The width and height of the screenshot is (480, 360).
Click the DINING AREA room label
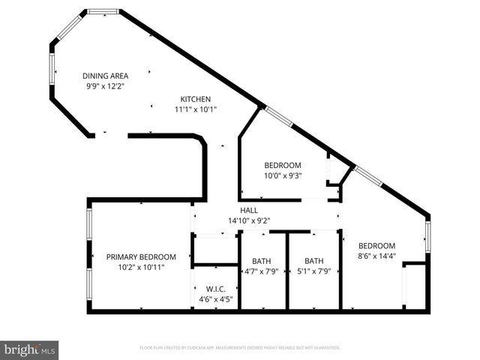tap(105, 76)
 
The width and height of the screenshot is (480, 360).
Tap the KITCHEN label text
tap(195, 99)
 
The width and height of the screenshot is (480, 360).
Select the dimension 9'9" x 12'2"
tap(105, 85)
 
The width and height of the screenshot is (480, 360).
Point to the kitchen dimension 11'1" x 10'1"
tap(195, 109)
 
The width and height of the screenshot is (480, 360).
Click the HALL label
tap(249, 211)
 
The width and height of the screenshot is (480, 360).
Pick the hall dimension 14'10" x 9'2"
tap(249, 220)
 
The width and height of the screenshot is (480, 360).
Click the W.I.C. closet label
tap(216, 289)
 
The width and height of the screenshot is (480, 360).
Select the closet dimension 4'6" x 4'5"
tap(216, 298)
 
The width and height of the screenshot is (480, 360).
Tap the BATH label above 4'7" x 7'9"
tap(262, 261)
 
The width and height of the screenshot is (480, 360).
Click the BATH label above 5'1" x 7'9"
tap(314, 261)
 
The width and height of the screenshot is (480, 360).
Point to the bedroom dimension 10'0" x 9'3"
tap(283, 175)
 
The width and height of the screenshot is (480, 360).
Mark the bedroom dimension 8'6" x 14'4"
tap(376, 256)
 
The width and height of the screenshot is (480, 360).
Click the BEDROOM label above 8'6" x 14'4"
tap(376, 246)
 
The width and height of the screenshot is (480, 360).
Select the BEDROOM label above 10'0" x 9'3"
tap(283, 166)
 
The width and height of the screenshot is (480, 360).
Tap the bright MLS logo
tap(30, 349)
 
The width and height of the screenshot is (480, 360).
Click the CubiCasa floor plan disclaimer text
tap(240, 348)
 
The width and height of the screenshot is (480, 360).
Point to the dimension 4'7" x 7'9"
tap(262, 271)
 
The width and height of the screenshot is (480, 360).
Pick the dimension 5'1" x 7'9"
tap(314, 271)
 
